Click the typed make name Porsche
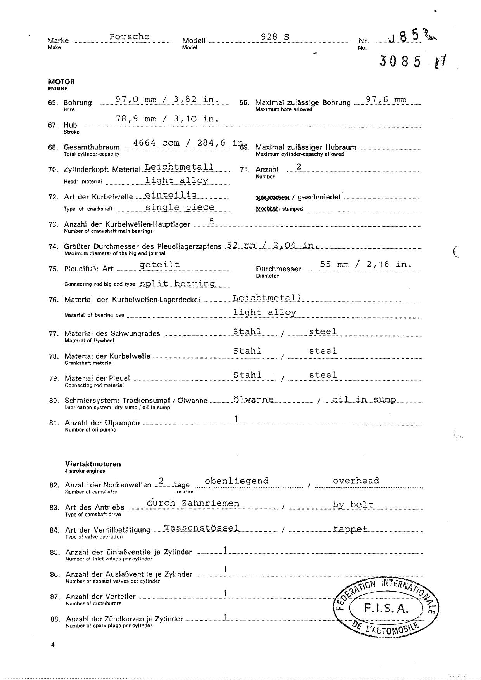pos(129,36)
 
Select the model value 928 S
pos(275,37)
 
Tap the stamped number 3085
pos(400,61)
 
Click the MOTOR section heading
pos(61,82)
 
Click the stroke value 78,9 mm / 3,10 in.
pos(167,119)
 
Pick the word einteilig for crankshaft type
pos(171,194)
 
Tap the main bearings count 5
pos(211,222)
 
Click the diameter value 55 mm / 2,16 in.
pos(365,264)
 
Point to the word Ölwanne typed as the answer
pos(253,399)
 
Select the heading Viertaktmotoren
pos(93,464)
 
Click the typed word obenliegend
pos(236,481)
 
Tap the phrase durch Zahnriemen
pos(192,503)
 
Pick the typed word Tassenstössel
pos(201,528)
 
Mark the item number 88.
pos(55,619)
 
